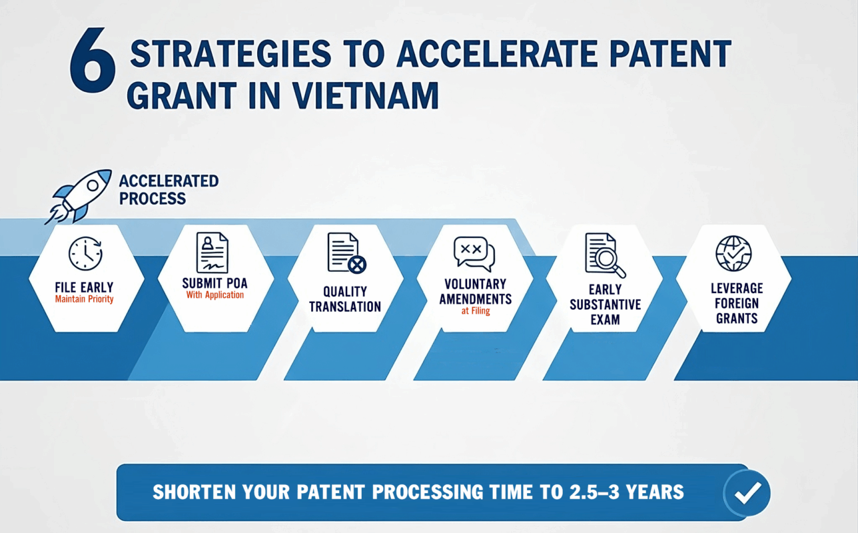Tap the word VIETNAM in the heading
[x=366, y=95]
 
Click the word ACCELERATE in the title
[x=497, y=54]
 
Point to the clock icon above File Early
[x=85, y=253]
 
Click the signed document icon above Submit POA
[x=213, y=253]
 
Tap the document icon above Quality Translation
[x=346, y=253]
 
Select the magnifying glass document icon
[x=605, y=255]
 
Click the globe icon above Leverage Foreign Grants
[x=733, y=253]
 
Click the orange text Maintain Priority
[x=84, y=299]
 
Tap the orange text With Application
[x=215, y=295]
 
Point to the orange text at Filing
[x=476, y=310]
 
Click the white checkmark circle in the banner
[x=747, y=492]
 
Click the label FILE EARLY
[x=84, y=287]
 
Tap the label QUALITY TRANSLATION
[x=345, y=299]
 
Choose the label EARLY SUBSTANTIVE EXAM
[x=605, y=304]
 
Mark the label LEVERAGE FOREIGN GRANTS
[x=737, y=303]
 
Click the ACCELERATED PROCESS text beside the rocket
[x=169, y=190]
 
